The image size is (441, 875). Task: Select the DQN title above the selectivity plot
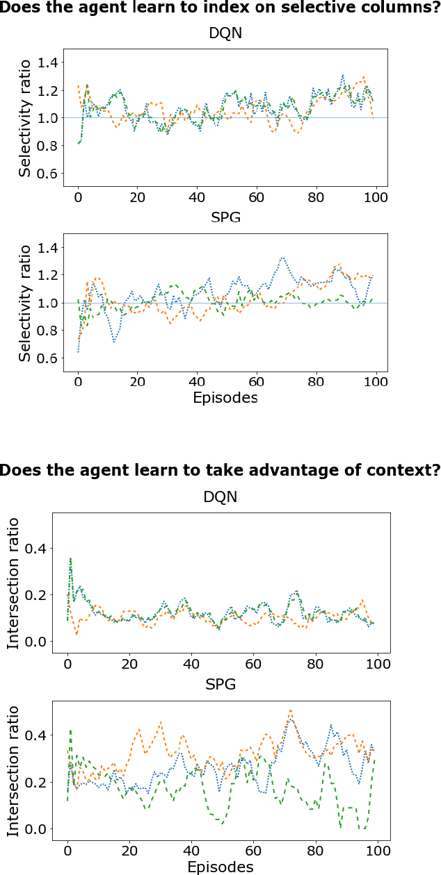tap(225, 34)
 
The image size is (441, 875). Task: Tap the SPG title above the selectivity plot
tap(225, 219)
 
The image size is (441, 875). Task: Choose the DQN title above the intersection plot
tap(220, 498)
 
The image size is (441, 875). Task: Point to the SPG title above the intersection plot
tap(220, 685)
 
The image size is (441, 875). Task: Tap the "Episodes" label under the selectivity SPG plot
tap(225, 398)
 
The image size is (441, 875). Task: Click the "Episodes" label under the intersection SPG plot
tap(220, 867)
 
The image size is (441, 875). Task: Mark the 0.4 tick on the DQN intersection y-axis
tap(35, 549)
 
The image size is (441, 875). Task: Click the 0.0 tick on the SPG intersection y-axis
tap(35, 829)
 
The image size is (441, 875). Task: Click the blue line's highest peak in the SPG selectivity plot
tap(282, 258)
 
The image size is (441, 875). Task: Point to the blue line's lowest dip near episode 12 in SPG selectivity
tap(114, 342)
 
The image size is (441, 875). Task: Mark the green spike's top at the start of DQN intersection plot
tap(70, 558)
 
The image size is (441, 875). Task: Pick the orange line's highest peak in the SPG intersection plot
tap(290, 710)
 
